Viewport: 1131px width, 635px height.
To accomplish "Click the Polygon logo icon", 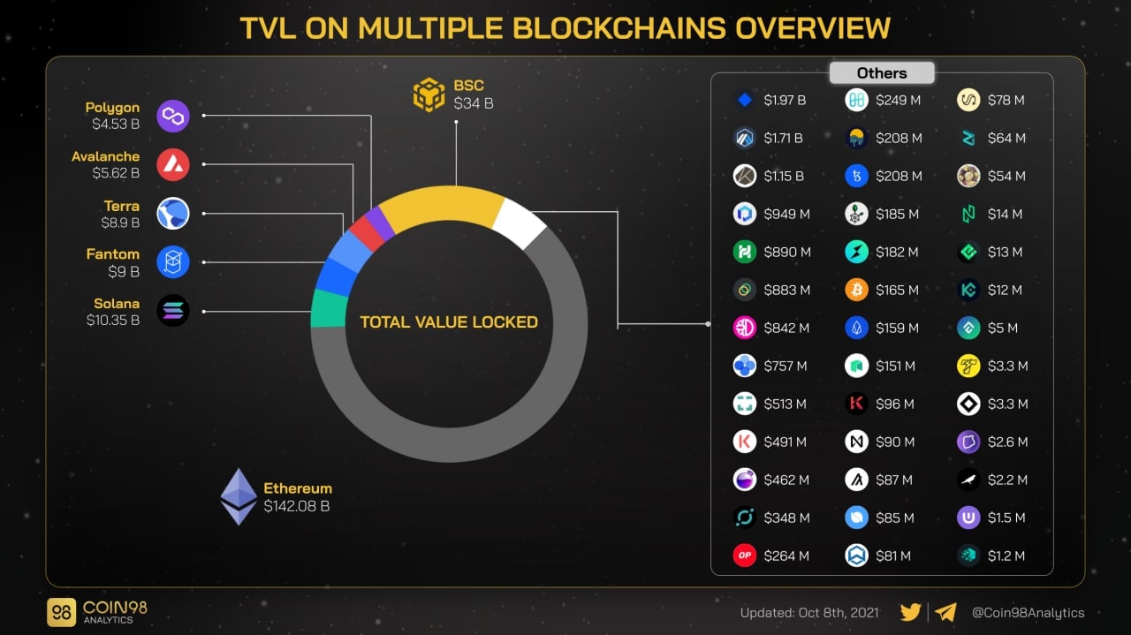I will [x=173, y=116].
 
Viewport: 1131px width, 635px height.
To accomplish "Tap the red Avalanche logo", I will [x=173, y=164].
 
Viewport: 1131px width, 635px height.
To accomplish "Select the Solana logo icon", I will [x=173, y=311].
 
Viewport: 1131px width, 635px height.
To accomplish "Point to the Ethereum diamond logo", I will [x=239, y=496].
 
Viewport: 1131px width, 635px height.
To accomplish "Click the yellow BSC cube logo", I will [x=429, y=94].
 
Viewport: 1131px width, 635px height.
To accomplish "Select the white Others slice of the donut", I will [x=519, y=223].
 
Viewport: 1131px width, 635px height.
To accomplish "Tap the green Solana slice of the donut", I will [x=328, y=308].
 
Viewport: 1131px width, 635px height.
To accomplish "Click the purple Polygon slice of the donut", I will [x=380, y=223].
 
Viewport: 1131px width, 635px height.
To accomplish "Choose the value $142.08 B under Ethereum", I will [x=297, y=507].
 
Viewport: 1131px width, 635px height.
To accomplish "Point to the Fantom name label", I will [x=112, y=254].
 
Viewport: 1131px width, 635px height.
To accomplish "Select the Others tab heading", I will [x=882, y=73].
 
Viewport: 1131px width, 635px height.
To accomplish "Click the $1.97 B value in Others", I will [x=785, y=101].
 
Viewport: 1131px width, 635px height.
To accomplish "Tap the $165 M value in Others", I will [x=897, y=290].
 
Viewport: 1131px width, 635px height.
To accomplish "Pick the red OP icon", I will [x=745, y=556].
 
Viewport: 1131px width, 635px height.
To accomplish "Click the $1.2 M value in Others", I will [x=1007, y=556].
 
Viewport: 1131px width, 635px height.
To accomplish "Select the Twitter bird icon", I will [x=911, y=612].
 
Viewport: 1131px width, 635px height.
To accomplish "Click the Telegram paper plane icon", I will [x=945, y=612].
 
